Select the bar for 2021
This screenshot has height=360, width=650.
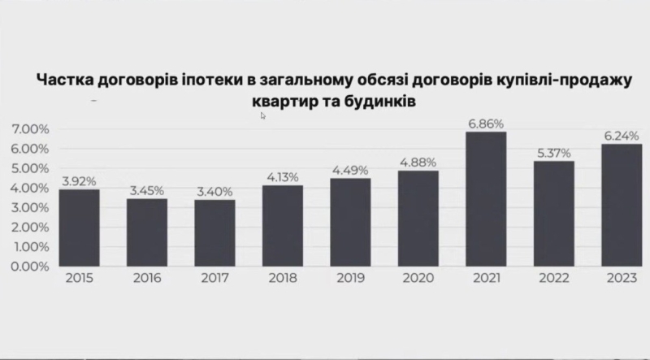[486, 199]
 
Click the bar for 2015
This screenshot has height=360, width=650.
[80, 228]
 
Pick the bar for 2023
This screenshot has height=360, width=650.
[621, 205]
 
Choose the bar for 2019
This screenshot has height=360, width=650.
[350, 222]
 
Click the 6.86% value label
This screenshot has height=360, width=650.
[486, 124]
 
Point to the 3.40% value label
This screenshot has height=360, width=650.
[214, 192]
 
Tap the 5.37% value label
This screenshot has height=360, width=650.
[553, 153]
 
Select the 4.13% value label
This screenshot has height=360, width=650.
[283, 177]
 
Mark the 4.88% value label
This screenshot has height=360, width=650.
[418, 163]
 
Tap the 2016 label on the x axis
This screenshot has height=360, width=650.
[147, 279]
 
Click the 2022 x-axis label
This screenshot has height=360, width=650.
[553, 279]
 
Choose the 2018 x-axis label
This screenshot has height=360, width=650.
[283, 279]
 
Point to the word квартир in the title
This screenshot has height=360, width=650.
[282, 102]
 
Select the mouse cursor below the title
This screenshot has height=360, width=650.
[263, 116]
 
